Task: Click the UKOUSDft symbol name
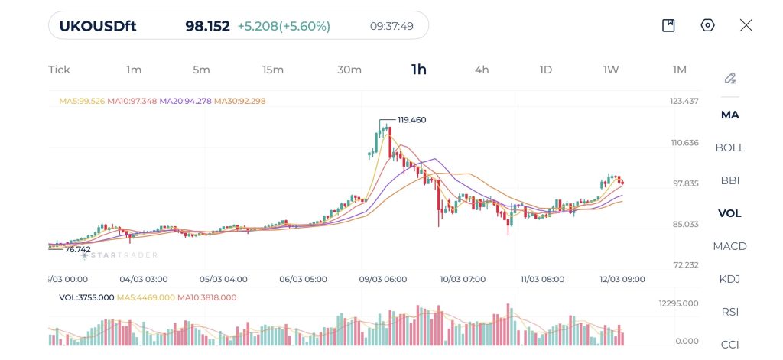(99, 26)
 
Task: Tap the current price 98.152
(207, 26)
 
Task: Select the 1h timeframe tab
(419, 70)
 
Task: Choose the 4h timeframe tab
(482, 70)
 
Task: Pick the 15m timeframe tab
(273, 70)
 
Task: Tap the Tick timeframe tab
(59, 70)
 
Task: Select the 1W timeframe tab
(611, 70)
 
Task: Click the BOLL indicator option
(729, 148)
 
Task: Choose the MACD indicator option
(729, 246)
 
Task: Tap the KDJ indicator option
(729, 279)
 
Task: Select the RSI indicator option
(729, 312)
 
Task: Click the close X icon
(746, 26)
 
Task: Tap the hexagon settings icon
(707, 26)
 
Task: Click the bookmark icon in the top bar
(668, 26)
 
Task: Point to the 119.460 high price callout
(411, 120)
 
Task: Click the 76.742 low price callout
(78, 249)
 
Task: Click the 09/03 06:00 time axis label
(383, 279)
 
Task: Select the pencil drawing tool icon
(729, 78)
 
